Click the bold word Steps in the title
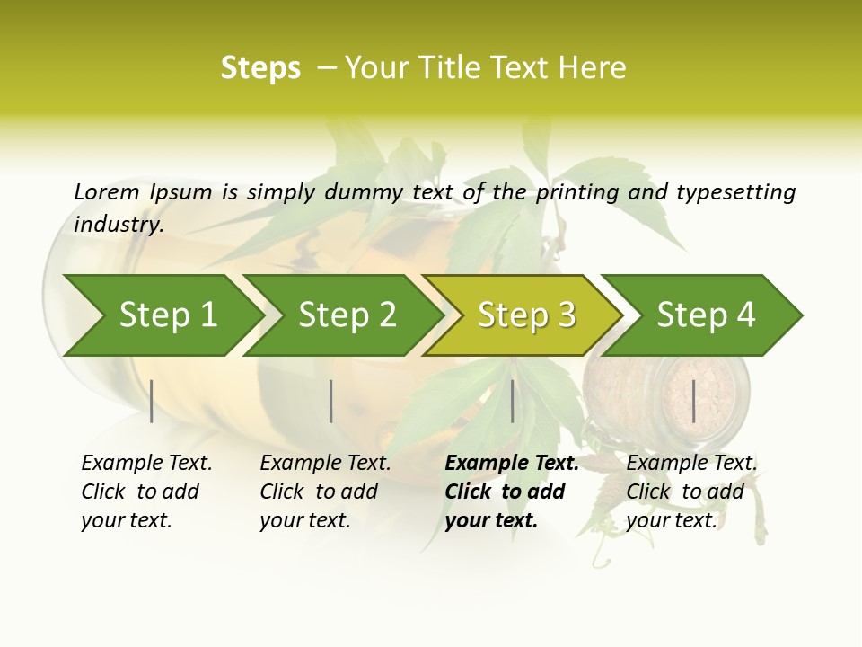click(x=260, y=68)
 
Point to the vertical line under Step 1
click(x=152, y=401)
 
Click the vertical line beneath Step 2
click(x=331, y=401)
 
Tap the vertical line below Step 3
click(x=513, y=401)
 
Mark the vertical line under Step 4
click(x=694, y=401)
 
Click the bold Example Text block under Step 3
click(x=512, y=492)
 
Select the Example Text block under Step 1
click(x=146, y=492)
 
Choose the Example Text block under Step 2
click(x=325, y=492)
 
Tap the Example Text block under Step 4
click(x=691, y=492)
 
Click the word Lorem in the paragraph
click(x=107, y=192)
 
